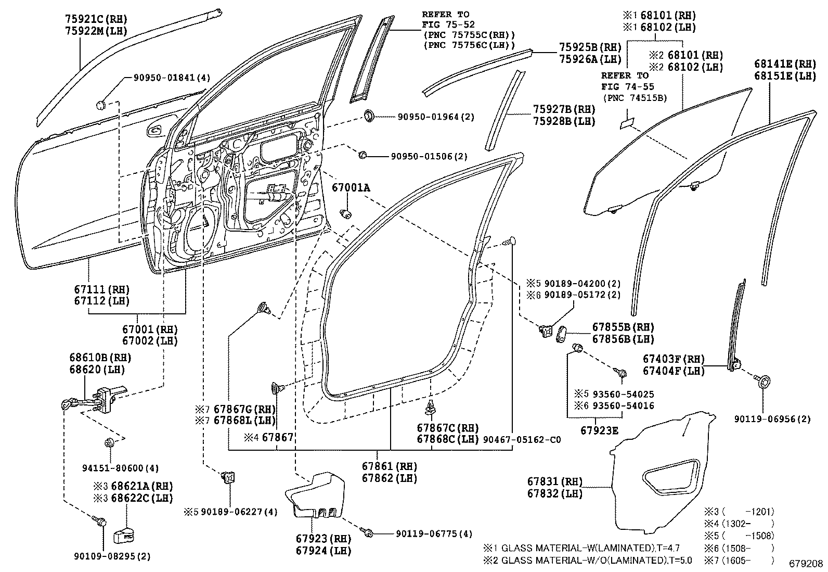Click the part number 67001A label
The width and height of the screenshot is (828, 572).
[x=351, y=187]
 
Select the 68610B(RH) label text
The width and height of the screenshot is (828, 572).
[x=100, y=358]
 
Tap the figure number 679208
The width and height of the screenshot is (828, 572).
[x=806, y=564]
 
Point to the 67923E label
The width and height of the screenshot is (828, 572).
[x=600, y=430]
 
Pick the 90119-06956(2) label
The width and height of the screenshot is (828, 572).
[x=772, y=418]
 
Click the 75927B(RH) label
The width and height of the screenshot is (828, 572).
[x=564, y=109]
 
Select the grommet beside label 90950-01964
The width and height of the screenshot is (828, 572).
[x=369, y=116]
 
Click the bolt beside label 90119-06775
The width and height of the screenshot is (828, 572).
[x=368, y=533]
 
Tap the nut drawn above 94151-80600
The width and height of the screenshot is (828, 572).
[x=110, y=443]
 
